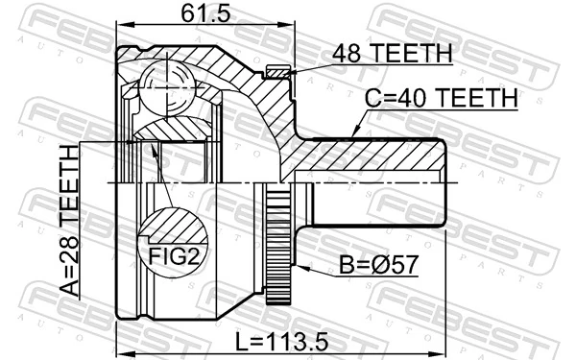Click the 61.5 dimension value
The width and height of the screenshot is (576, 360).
[x=195, y=13]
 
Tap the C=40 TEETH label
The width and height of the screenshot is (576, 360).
[x=441, y=99]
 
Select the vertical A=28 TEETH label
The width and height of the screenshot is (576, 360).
[x=70, y=219]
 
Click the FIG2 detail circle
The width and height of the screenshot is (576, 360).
[x=173, y=237]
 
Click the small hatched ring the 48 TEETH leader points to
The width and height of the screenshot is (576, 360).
[x=276, y=70]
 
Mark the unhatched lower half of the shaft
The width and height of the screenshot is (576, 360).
[x=374, y=204]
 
